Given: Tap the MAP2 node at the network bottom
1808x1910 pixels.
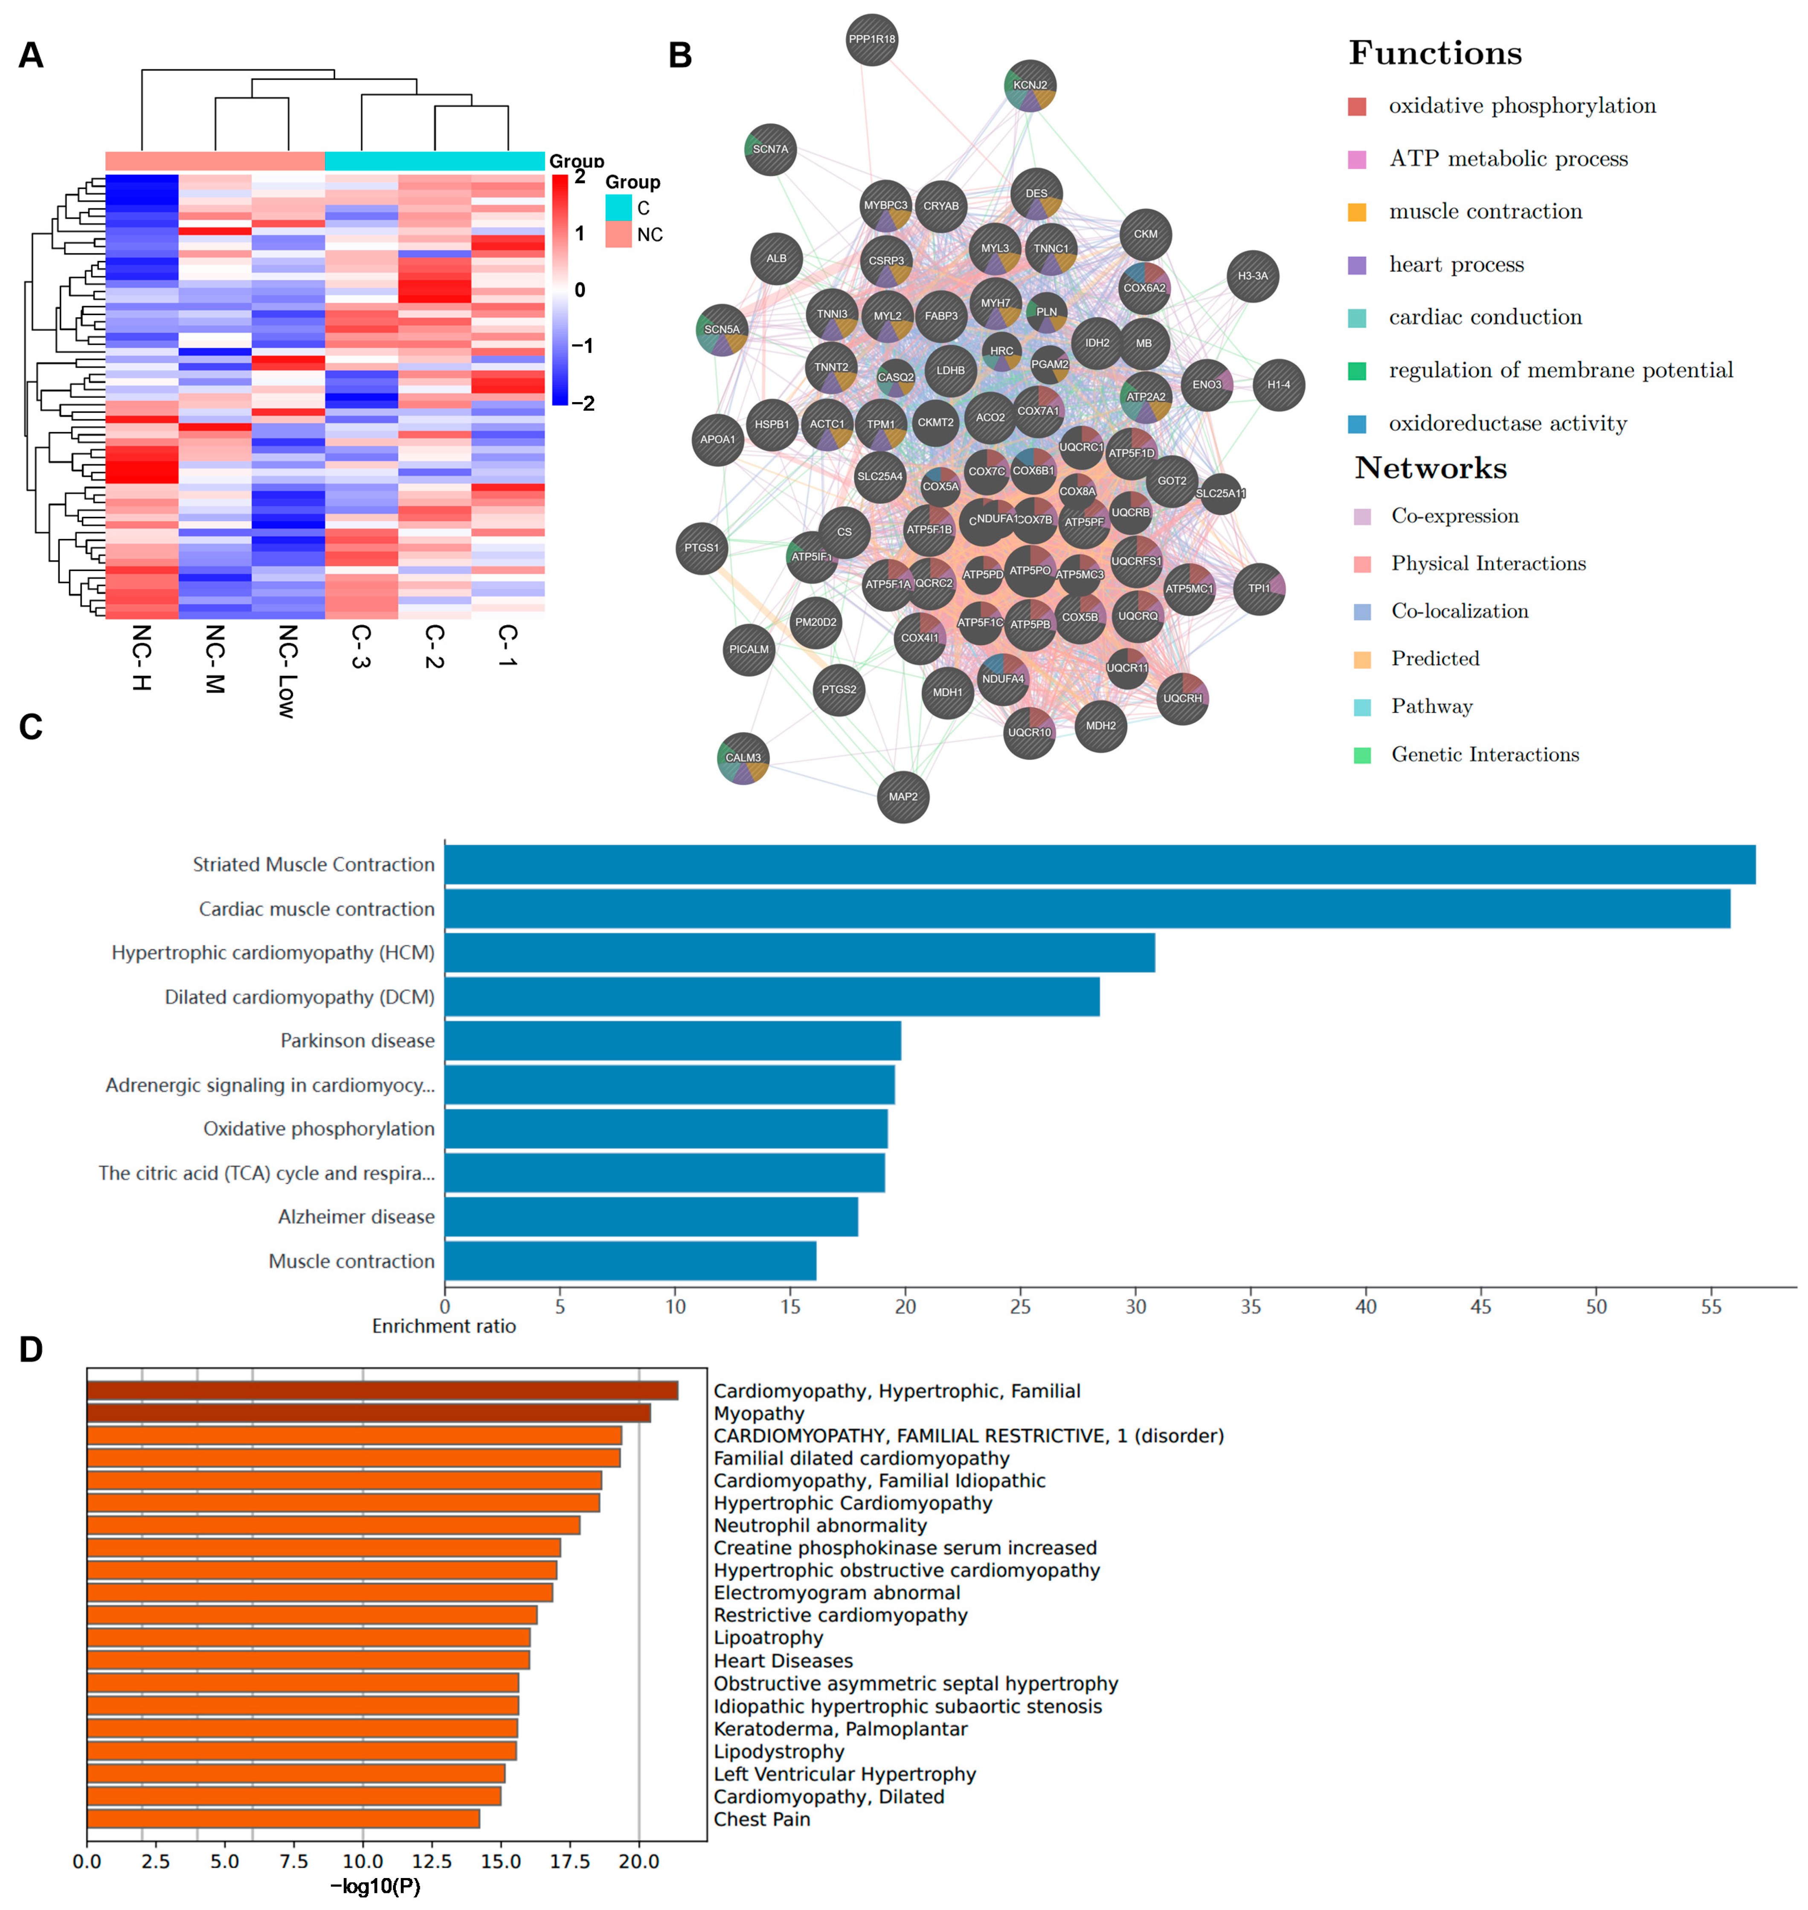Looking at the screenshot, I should click(903, 797).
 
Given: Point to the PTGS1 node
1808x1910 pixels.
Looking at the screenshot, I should click(702, 548).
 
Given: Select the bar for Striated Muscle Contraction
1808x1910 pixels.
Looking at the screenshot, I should click(1099, 864).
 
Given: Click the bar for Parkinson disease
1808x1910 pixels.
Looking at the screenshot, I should click(673, 1041).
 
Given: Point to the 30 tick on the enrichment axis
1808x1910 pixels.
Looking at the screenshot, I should click(1135, 1307).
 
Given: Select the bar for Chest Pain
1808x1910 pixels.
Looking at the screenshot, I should click(283, 1818).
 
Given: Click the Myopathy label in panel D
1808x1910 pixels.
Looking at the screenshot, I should click(758, 1414).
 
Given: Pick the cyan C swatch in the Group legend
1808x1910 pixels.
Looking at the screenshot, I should click(618, 207).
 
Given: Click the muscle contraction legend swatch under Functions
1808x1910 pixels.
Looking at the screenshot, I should click(1357, 212).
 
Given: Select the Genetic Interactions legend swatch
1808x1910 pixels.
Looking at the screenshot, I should click(1362, 754).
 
